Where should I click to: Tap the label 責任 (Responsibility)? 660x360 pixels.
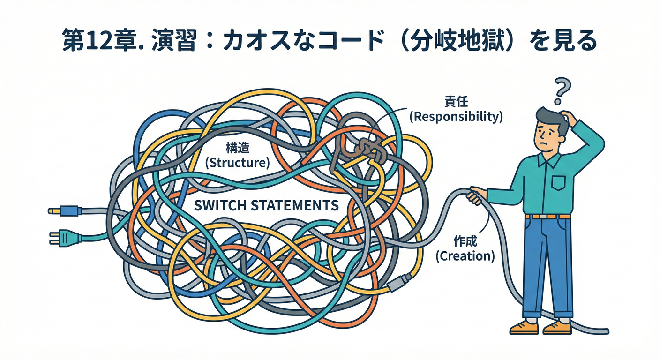pos(456,109)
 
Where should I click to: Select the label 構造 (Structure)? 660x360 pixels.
pos(237,156)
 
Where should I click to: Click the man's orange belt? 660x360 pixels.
pos(547,216)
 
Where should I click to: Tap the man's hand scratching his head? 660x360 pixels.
pos(568,117)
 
